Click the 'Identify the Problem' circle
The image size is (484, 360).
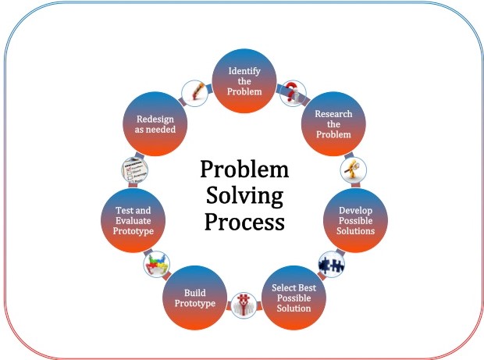coord(244,81)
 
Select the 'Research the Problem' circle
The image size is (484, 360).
coord(333,124)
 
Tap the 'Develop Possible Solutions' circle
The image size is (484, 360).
coord(357,220)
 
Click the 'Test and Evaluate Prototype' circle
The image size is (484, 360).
coord(133,220)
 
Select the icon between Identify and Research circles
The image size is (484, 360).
coord(292,91)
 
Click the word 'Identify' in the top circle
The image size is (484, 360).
coord(244,71)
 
